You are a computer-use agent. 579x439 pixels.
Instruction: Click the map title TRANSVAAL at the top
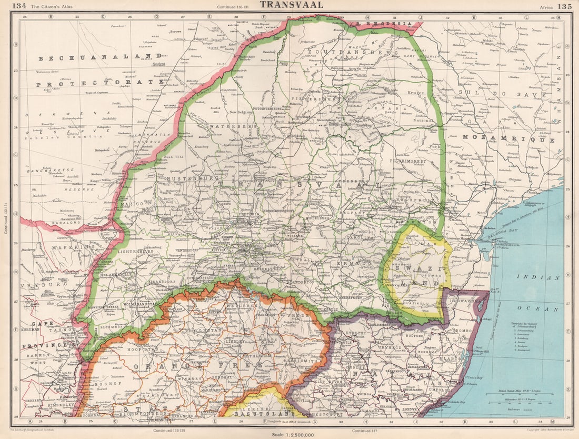click(x=291, y=5)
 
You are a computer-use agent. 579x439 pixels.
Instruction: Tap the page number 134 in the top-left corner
click(x=20, y=6)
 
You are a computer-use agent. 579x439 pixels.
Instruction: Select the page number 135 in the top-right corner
click(x=564, y=6)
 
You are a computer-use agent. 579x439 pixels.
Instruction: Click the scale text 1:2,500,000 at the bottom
click(x=292, y=435)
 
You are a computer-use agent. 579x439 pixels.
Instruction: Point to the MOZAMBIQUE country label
click(x=509, y=140)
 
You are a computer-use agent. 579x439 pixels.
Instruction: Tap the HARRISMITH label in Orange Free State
click(x=305, y=347)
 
